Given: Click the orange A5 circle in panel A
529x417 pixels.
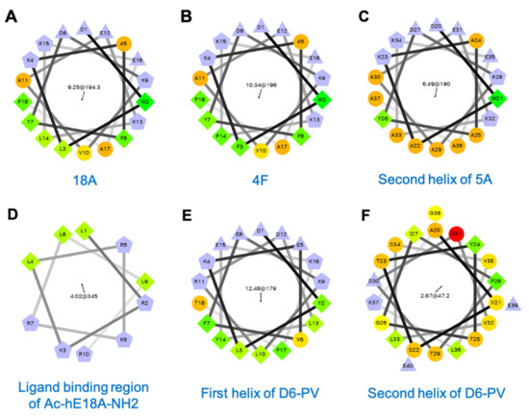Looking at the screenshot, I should pos(122,43).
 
